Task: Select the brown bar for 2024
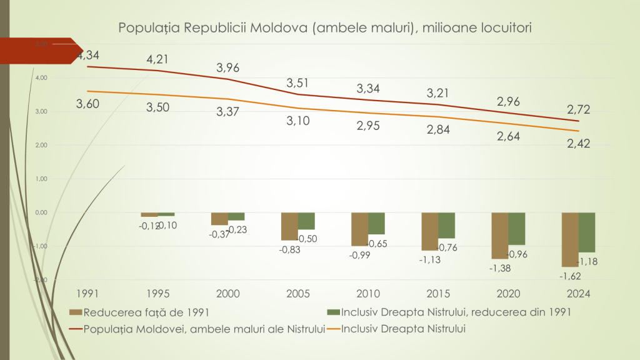(x=569, y=239)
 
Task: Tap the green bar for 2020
(x=516, y=229)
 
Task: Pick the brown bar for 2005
(x=289, y=226)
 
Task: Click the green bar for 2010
(x=376, y=223)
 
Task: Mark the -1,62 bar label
(x=570, y=275)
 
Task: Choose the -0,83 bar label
(x=289, y=249)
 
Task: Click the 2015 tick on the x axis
(x=437, y=293)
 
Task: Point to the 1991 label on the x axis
(x=87, y=293)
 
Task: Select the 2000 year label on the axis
(x=227, y=293)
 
